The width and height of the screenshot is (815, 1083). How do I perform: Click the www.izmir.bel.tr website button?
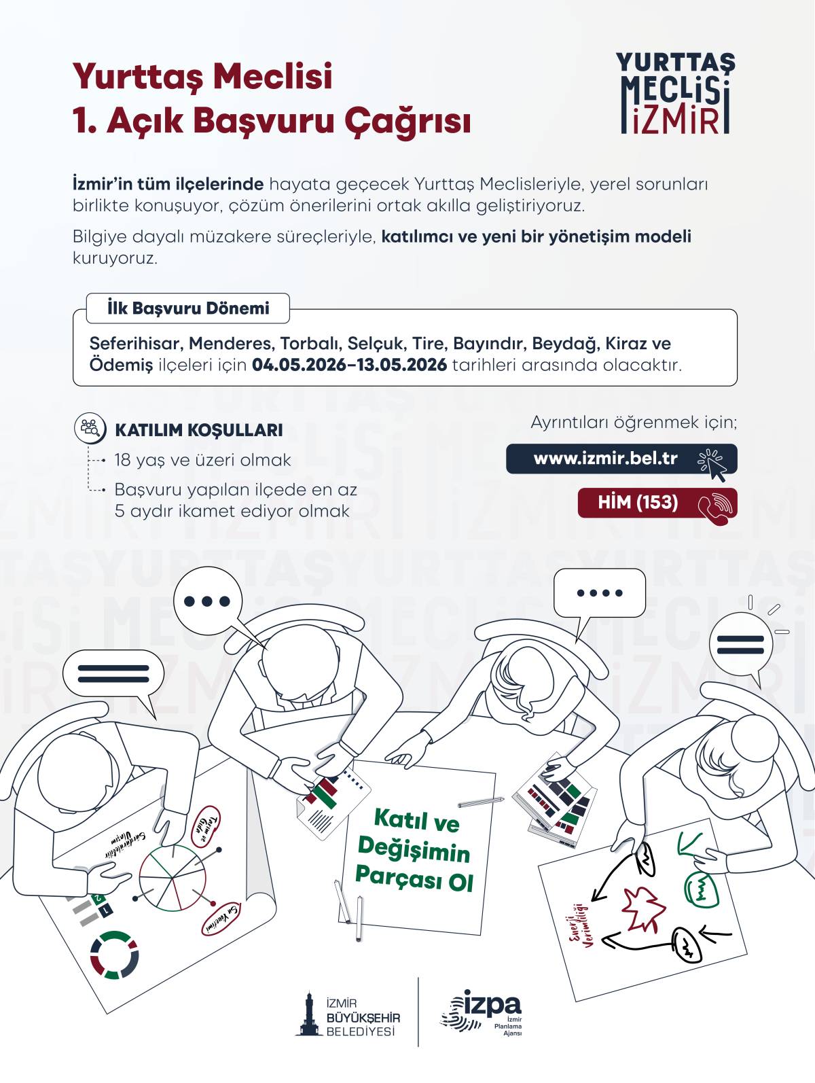621,459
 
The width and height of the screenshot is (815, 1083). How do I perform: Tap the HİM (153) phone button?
657,503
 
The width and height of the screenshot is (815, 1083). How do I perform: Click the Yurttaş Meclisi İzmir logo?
675,94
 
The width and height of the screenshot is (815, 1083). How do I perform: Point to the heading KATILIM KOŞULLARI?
199,430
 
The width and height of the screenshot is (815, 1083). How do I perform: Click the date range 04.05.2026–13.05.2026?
350,365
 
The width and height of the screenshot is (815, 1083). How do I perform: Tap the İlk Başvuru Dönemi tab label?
188,308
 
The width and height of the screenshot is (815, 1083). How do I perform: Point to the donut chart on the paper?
114,955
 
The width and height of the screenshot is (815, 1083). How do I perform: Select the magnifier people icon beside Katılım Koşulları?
90,428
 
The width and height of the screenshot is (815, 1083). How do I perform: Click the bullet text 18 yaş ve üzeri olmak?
202,461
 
